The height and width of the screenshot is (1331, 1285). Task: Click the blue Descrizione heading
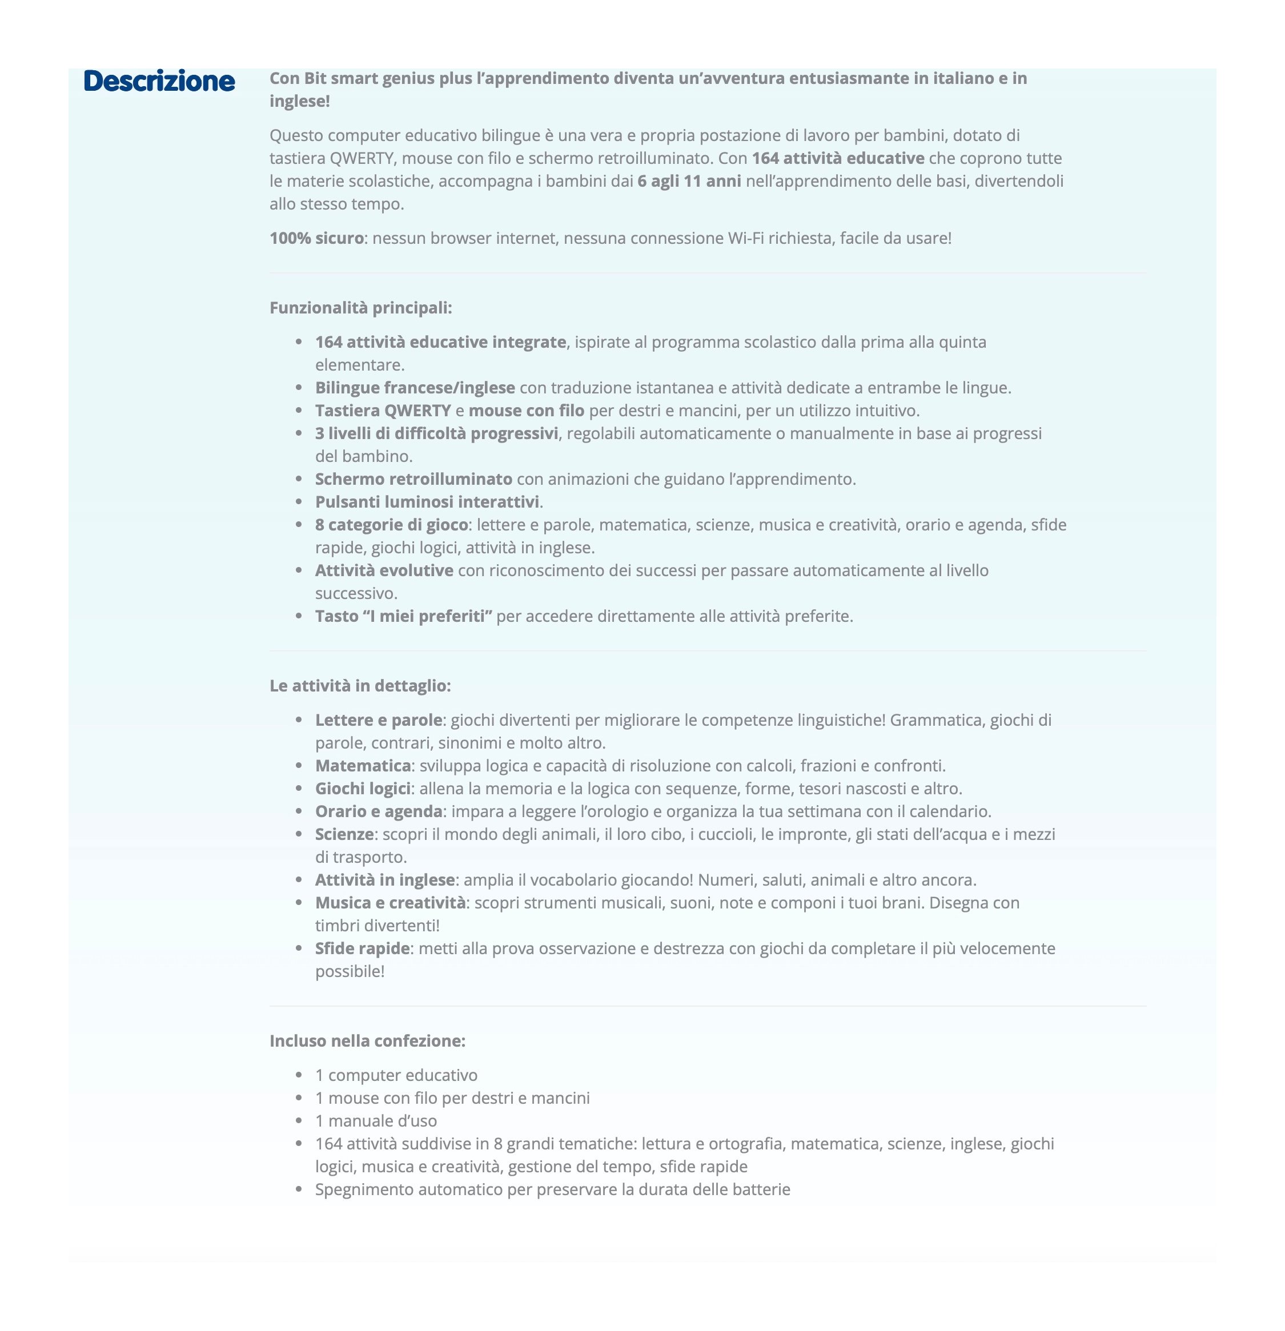(159, 81)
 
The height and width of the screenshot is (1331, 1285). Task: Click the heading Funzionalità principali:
(360, 308)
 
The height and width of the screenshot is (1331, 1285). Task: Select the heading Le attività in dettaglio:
(360, 686)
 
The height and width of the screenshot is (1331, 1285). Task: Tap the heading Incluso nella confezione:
(367, 1041)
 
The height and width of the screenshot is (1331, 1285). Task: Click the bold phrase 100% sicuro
(316, 238)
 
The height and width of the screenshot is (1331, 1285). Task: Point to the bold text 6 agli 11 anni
(689, 182)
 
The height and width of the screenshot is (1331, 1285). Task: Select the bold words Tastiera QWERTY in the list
(383, 411)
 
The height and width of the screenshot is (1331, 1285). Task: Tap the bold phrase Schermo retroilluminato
(413, 480)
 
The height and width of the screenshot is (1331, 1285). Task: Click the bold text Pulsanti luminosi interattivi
(427, 502)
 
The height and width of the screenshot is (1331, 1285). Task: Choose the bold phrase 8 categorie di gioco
(391, 525)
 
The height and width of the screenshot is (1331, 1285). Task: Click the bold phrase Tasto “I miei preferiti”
(403, 617)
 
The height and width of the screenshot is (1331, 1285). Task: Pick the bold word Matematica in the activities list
(363, 766)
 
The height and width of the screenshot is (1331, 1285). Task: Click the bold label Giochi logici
(363, 789)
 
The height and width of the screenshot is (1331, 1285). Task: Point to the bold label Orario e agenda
(378, 811)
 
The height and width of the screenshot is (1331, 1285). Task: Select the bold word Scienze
(344, 835)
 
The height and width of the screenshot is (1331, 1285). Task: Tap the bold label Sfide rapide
(362, 948)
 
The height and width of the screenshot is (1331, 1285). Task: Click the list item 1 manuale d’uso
(376, 1121)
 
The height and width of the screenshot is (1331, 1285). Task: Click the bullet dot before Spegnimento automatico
(299, 1190)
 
